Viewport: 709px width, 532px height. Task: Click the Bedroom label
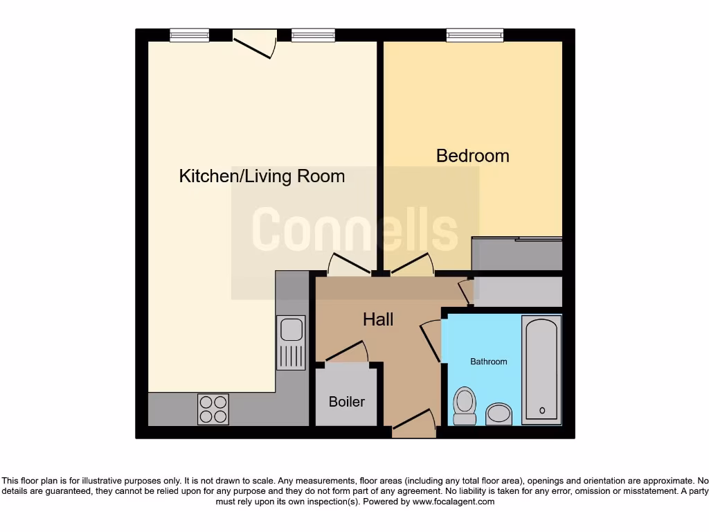tap(472, 156)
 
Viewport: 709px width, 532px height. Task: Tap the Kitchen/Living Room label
tap(262, 176)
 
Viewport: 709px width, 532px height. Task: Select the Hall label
tap(378, 319)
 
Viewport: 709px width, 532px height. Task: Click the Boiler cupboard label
tap(346, 402)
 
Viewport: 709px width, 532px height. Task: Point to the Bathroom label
tap(489, 362)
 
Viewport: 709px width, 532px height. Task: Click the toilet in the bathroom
tap(464, 405)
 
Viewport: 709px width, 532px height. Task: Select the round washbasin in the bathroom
tap(498, 414)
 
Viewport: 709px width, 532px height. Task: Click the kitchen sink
tap(291, 342)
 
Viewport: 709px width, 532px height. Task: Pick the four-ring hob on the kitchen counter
tap(213, 409)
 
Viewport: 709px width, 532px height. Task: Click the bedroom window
tap(474, 35)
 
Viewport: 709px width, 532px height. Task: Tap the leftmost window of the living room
tap(190, 35)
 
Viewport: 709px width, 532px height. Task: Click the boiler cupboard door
tap(346, 352)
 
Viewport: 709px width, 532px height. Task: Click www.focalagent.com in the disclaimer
tap(454, 502)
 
